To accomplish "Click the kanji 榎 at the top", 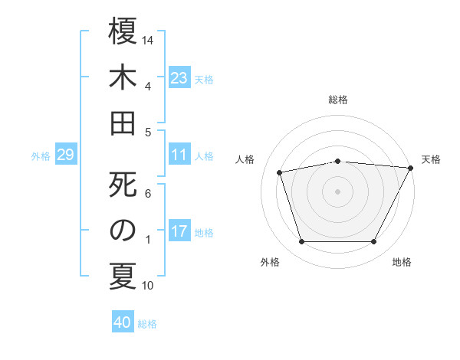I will point(123,31).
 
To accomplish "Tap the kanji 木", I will point(123,77).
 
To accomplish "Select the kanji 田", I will point(123,122).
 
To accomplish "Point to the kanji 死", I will point(123,185).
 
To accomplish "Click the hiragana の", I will point(123,231).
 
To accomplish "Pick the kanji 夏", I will point(123,276).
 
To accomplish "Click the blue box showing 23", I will point(179,78).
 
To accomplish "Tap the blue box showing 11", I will point(179,155).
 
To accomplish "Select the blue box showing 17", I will point(179,231).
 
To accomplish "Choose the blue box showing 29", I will point(65,155).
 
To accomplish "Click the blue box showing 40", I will point(123,322).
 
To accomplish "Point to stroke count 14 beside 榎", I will point(149,38).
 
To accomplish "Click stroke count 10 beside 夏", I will point(149,286).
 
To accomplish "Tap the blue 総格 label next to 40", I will point(147,324).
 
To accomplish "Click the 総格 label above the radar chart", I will point(338,100).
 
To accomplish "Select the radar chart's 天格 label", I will point(431,159).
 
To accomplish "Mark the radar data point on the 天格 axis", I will point(411,168).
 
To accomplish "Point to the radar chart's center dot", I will point(338,191).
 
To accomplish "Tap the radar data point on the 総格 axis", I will point(338,161).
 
